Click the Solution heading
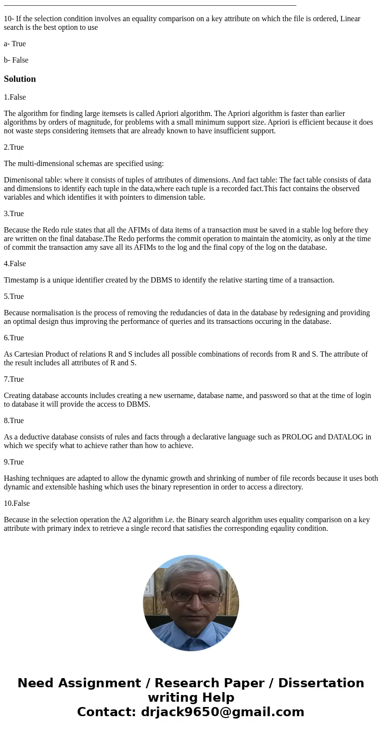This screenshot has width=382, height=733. (20, 79)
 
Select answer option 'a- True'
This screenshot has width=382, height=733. (15, 44)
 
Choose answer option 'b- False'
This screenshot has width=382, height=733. (16, 60)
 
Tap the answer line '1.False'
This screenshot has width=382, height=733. (15, 97)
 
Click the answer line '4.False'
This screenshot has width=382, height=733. (15, 264)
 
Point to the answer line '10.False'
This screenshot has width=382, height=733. (17, 503)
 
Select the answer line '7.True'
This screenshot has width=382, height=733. (14, 379)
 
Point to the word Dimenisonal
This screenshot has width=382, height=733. (23, 180)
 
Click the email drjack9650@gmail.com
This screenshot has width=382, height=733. (223, 712)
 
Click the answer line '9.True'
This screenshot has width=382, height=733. (14, 462)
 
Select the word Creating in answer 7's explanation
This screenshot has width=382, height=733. (17, 396)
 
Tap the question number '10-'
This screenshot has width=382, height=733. (9, 19)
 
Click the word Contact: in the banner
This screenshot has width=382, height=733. (106, 712)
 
